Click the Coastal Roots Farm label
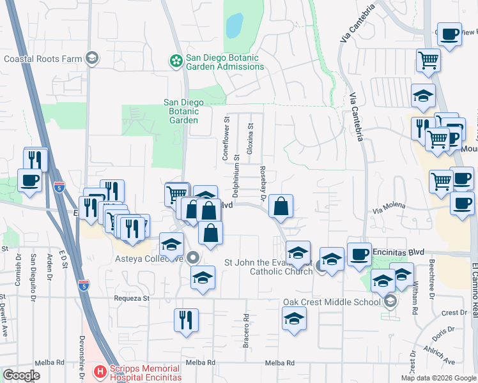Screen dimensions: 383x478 [x=43, y=59]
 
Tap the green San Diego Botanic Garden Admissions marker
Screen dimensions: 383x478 [x=174, y=61]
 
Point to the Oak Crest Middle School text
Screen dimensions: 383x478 [x=332, y=302]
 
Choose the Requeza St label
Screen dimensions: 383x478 [x=132, y=297]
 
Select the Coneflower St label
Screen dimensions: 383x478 [x=225, y=138]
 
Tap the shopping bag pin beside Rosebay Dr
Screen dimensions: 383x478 [x=281, y=207]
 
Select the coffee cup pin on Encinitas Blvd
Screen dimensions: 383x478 [x=359, y=254]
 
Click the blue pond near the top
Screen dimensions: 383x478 [x=235, y=26]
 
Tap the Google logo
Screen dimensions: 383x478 [x=22, y=375]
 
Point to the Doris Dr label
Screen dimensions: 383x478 [x=438, y=337]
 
